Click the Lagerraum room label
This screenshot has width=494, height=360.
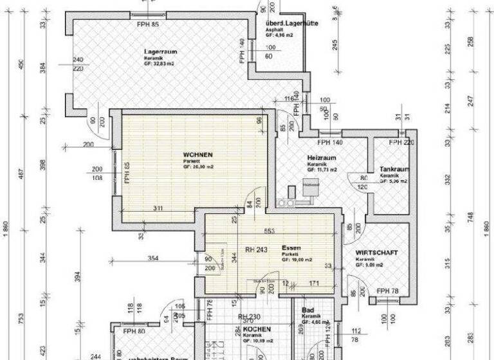[x=161, y=51]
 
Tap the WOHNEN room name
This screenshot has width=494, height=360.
[x=197, y=155]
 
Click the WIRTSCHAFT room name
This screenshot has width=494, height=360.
[x=376, y=253]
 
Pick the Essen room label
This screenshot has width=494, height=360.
[x=291, y=248]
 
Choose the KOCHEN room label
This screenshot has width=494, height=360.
[x=257, y=329]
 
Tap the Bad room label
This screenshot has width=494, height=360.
[x=307, y=310]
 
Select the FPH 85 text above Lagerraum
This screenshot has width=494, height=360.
[x=147, y=24]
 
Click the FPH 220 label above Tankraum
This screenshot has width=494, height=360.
[x=404, y=142]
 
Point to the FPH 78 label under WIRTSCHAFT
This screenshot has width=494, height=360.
[x=388, y=291]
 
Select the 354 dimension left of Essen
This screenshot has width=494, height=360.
[x=152, y=258]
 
